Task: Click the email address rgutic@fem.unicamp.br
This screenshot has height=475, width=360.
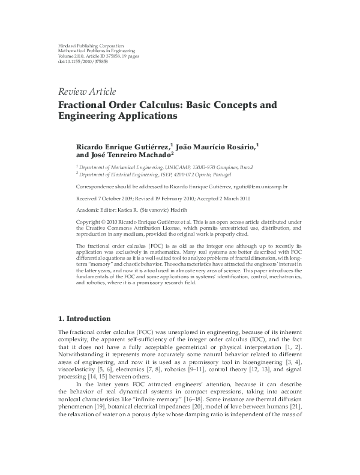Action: pos(259,187)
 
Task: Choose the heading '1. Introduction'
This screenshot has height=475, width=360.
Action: pos(84,318)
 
